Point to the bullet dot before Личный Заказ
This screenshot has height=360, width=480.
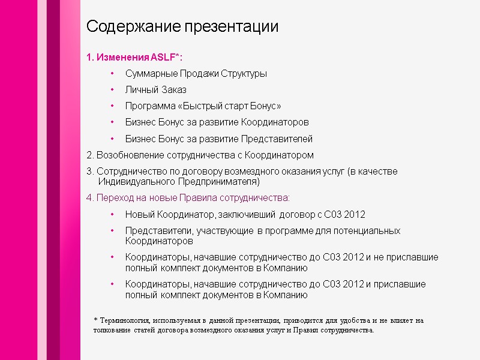tap(112, 90)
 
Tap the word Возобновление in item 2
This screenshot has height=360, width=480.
tap(127, 155)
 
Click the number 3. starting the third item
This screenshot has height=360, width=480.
tap(91, 172)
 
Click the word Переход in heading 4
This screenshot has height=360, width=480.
tap(113, 197)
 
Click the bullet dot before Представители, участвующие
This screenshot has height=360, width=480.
tap(112, 231)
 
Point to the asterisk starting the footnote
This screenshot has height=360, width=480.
tap(96, 320)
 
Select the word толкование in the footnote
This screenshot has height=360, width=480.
tap(115, 331)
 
